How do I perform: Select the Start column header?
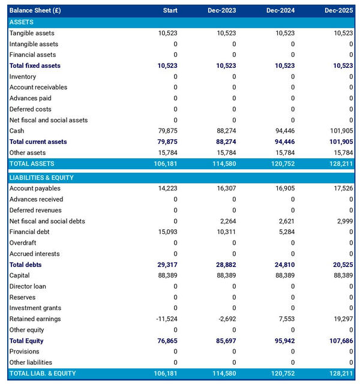(x=170, y=11)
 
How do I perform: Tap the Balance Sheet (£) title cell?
(x=35, y=11)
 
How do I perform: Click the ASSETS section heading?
(x=22, y=22)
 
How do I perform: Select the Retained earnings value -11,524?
(x=166, y=319)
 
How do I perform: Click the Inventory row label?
(x=23, y=77)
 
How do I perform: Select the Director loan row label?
(x=28, y=287)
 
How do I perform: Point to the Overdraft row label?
(x=23, y=243)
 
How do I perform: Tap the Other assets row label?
(x=26, y=152)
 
